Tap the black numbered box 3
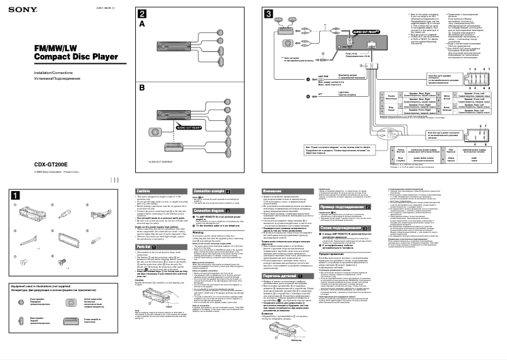[269, 13]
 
